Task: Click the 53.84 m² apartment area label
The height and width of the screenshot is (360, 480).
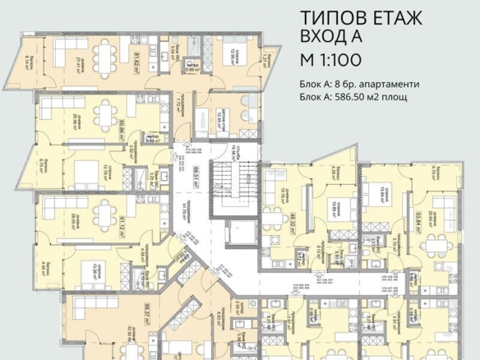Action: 419,223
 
